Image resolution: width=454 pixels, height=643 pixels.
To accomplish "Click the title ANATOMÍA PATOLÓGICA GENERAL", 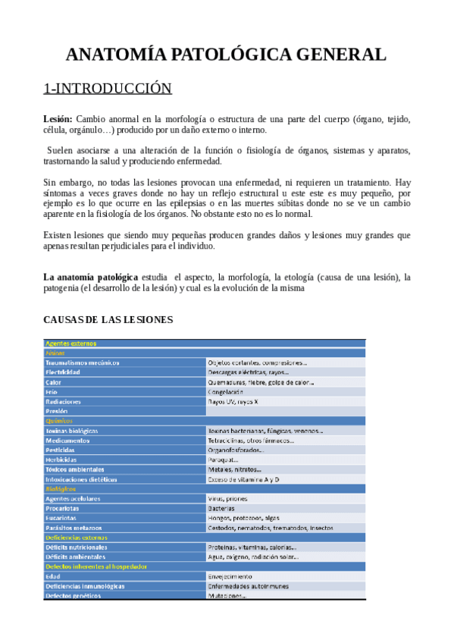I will [x=226, y=55].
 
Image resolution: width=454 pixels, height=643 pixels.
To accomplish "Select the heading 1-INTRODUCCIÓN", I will [x=108, y=89].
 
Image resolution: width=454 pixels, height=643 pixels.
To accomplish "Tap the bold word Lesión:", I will [x=58, y=118].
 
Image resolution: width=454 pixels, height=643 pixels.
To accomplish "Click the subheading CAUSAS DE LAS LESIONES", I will [x=108, y=319].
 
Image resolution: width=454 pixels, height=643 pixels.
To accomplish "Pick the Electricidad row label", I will [x=63, y=372].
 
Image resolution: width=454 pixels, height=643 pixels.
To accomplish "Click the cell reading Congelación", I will [x=226, y=392].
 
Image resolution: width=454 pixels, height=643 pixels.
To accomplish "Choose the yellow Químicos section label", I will [x=59, y=421].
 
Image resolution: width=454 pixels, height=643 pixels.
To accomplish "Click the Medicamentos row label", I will [x=67, y=440].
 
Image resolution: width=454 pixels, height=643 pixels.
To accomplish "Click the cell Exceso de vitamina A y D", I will [x=244, y=479].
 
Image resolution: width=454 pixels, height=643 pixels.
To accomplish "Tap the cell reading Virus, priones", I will [x=230, y=499].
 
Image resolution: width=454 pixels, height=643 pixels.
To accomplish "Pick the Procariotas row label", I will [x=63, y=509].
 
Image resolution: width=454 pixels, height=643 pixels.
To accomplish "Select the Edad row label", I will [x=53, y=576].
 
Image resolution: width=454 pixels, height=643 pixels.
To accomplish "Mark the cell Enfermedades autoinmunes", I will [x=249, y=586].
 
